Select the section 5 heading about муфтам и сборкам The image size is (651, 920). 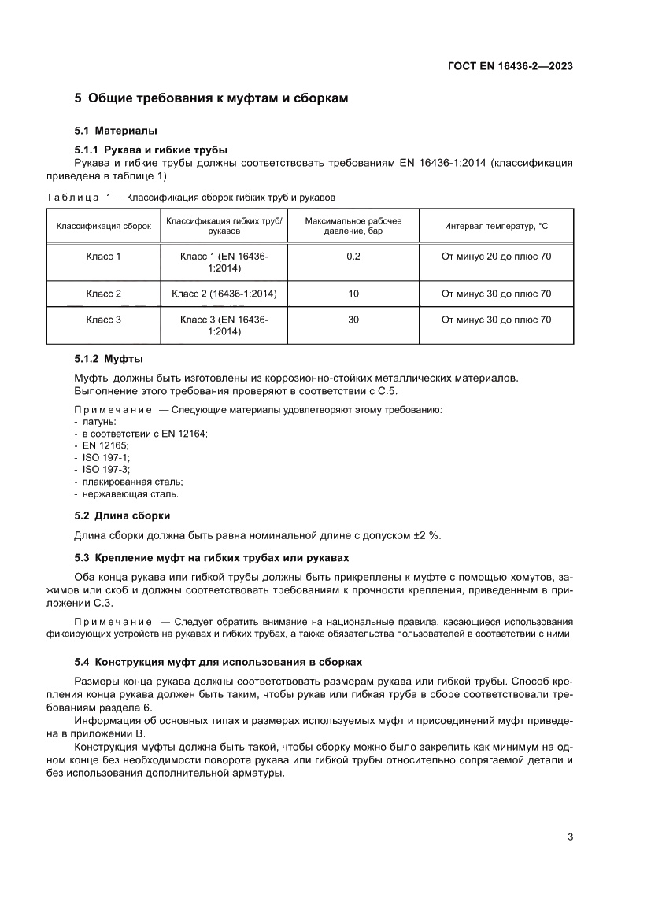coord(210,98)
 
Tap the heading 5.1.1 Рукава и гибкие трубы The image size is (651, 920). coord(150,150)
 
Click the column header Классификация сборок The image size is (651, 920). coord(103,226)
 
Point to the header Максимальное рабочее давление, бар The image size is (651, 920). coord(353,226)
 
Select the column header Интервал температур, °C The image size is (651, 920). coord(496,226)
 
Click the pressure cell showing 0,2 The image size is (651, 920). coord(353,256)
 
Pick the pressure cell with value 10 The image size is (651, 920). coord(353,294)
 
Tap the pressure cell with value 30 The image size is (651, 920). coord(353,320)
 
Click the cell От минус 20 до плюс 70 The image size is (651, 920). coord(496,256)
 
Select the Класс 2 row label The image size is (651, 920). coord(103,294)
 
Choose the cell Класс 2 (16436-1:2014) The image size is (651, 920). coord(224,294)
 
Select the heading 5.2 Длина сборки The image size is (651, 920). coord(122,515)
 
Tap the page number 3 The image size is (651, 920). coord(569,837)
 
